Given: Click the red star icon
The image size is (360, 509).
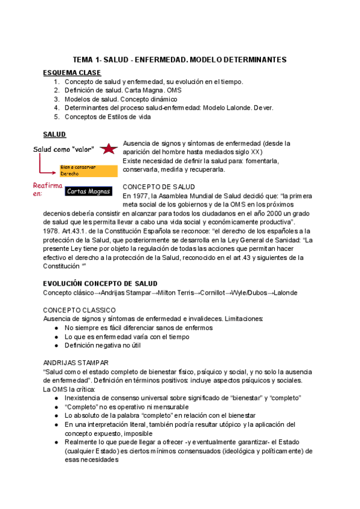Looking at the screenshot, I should click(x=109, y=149).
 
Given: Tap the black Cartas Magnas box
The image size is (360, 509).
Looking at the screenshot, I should click(x=88, y=191).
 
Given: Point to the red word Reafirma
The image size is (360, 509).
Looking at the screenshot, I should click(x=47, y=186).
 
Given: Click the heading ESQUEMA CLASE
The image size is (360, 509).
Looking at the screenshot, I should click(x=72, y=73).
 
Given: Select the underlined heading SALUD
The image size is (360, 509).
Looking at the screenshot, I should click(x=55, y=134).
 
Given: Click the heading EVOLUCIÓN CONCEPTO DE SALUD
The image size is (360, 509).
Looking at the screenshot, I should click(x=100, y=283).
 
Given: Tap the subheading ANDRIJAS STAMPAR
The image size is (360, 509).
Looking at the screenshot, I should click(x=76, y=363).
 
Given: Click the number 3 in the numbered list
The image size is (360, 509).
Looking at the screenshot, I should click(x=56, y=99).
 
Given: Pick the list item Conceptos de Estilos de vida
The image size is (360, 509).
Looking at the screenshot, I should click(x=107, y=116).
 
